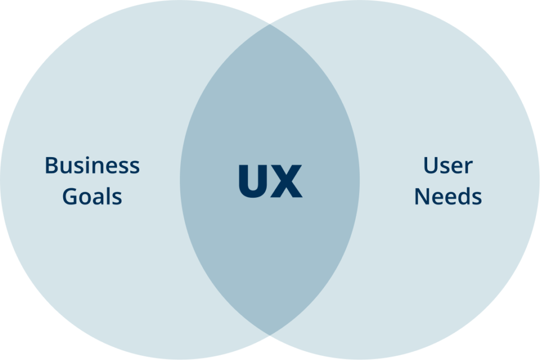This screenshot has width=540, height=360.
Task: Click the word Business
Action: click(92, 166)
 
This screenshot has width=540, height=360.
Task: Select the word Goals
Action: click(92, 197)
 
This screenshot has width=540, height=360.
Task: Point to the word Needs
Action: click(448, 197)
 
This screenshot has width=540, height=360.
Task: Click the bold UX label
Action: click(270, 181)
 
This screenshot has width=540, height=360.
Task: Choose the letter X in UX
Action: click(287, 181)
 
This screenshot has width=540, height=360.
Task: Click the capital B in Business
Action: click(51, 166)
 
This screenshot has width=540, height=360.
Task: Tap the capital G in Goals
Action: click(70, 197)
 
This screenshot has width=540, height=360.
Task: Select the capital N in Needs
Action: click(422, 197)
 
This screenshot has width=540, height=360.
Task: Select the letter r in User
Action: click(468, 168)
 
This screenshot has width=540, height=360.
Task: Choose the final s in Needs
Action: click(477, 199)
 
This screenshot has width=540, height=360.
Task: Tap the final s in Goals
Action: click(117, 199)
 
